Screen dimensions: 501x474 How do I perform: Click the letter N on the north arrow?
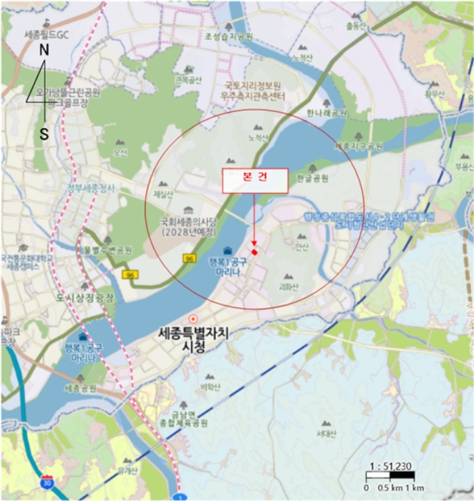(x=44, y=50)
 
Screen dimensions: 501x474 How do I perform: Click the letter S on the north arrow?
(x=44, y=134)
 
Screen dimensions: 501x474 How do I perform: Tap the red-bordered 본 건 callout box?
(x=256, y=181)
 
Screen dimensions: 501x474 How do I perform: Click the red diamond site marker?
(x=254, y=251)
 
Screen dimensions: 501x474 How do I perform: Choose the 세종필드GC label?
(x=47, y=34)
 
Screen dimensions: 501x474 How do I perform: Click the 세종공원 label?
(x=79, y=389)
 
